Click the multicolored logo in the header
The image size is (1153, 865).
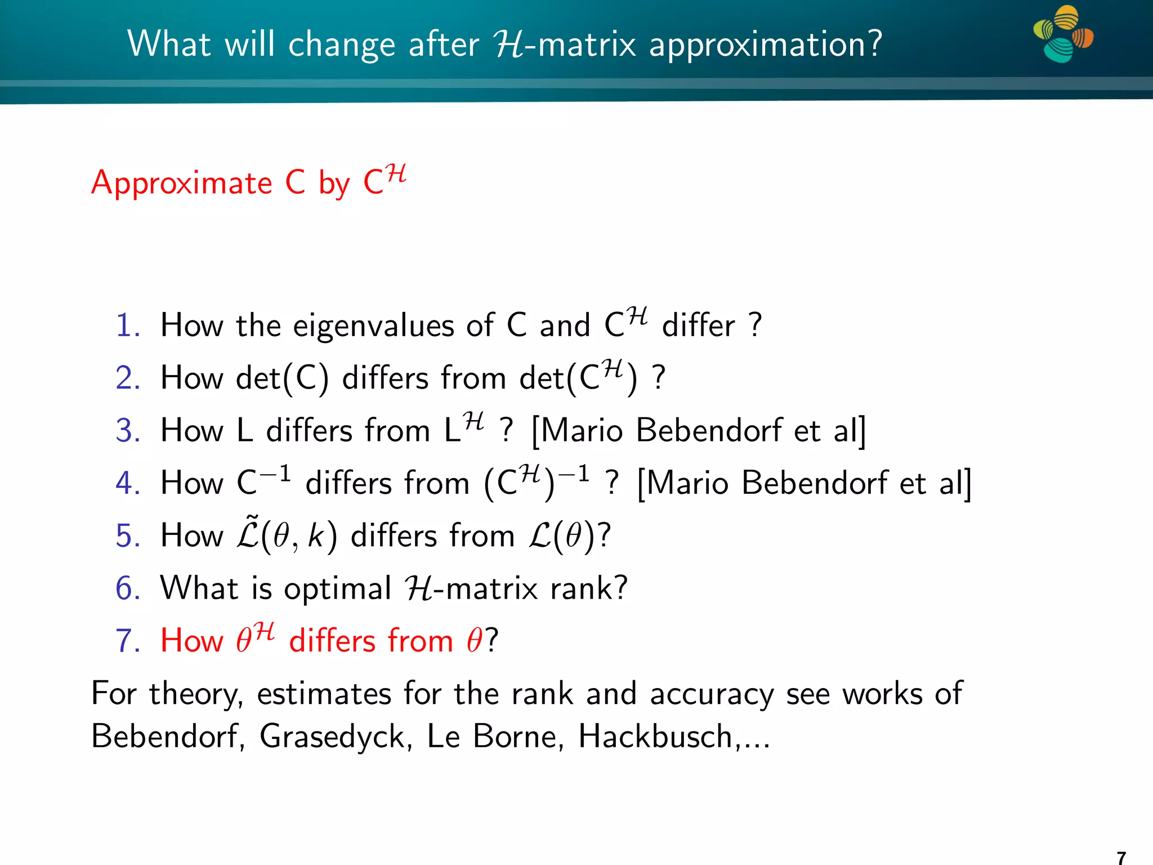click(1062, 34)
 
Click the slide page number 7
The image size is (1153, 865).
click(1121, 857)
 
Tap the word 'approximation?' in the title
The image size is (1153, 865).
click(766, 44)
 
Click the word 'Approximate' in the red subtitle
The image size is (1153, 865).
click(182, 183)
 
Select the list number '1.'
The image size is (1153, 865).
click(128, 326)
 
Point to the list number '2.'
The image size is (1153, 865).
click(128, 378)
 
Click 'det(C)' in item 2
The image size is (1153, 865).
click(282, 378)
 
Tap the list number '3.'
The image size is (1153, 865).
click(128, 431)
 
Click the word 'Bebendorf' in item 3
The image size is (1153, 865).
click(709, 431)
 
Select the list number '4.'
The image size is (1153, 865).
click(128, 483)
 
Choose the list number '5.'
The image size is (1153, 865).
click(128, 536)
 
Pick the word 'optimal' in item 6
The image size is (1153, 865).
click(337, 588)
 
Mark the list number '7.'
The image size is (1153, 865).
click(128, 641)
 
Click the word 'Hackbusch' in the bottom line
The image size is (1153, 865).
click(655, 736)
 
